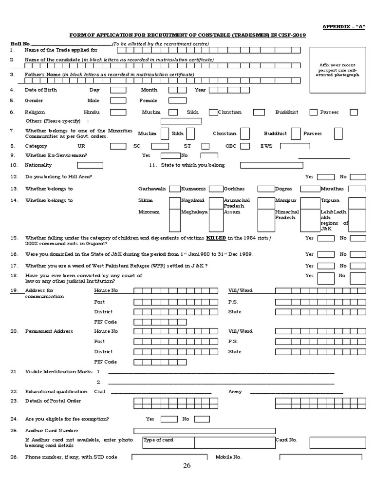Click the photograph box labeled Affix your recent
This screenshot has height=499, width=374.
[x=337, y=71]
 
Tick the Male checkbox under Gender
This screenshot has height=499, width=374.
[x=118, y=100]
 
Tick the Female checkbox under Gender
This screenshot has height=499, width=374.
[x=177, y=100]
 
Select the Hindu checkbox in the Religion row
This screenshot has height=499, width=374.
[x=118, y=112]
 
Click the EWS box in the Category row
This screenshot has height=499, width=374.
[x=295, y=146]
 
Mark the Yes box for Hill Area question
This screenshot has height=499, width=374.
[x=326, y=177]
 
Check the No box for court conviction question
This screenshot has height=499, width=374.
[x=358, y=276]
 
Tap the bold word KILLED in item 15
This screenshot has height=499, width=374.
[x=216, y=238]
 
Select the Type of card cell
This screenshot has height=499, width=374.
[x=168, y=442]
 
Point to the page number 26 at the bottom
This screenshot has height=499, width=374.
[x=187, y=466]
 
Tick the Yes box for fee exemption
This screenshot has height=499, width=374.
[x=169, y=419]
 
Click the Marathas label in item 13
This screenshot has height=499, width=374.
[x=332, y=189]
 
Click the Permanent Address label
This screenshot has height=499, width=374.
[x=49, y=331]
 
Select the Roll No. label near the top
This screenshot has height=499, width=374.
[x=20, y=44]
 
